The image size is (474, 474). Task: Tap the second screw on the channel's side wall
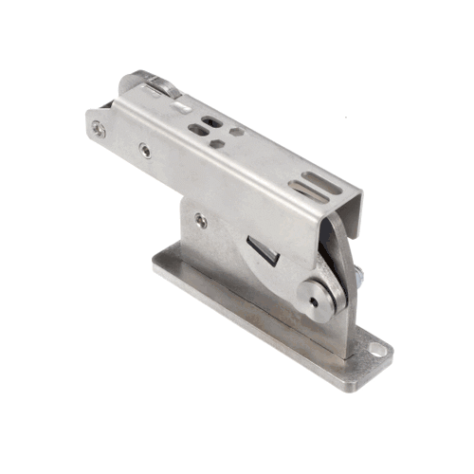click(144, 150)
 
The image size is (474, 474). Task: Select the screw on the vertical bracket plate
click(200, 220)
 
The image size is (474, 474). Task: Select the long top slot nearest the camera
click(308, 190)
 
